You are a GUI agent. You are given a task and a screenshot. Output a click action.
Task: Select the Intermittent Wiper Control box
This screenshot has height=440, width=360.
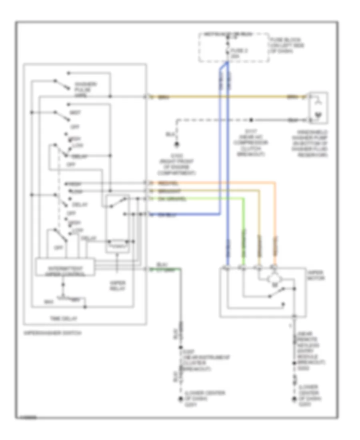click(65, 267)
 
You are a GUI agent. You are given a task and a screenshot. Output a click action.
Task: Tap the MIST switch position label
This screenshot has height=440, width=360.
click(75, 113)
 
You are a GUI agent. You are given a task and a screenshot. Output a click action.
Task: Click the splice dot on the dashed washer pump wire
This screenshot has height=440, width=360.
click(251, 119)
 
